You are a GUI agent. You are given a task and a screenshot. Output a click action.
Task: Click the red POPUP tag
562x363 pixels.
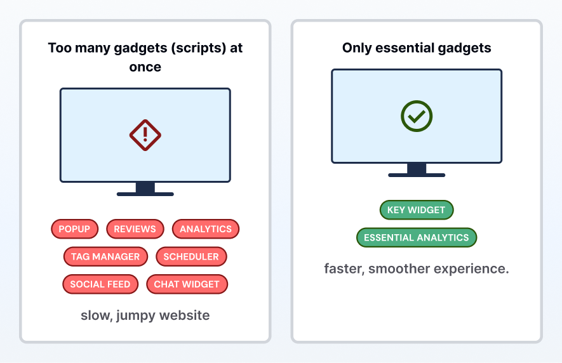[74, 229]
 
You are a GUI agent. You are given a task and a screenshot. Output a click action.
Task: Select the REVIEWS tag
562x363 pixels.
[135, 229]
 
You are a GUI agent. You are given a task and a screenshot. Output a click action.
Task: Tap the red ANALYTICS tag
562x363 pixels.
[206, 229]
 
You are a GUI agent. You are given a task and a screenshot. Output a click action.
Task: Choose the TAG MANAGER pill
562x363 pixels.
[105, 256]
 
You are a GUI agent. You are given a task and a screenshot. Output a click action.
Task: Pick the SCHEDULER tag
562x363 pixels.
[191, 256]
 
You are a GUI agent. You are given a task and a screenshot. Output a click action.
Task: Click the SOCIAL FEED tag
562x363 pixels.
[100, 284]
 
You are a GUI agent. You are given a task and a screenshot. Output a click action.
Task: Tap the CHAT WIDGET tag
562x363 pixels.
[187, 284]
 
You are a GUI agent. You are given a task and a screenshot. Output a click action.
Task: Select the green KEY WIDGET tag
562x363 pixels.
[417, 210]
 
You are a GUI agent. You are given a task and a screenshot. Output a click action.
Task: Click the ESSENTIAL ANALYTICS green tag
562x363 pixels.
[417, 237]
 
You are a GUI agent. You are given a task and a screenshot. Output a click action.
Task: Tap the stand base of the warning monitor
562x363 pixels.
[145, 194]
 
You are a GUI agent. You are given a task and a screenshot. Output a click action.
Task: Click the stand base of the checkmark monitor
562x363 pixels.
[417, 175]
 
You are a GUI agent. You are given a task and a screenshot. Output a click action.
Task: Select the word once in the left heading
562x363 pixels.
[145, 67]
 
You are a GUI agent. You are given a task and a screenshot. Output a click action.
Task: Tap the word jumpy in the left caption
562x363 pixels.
[136, 315]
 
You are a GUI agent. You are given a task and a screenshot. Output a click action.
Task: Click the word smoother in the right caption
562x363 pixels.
[399, 268]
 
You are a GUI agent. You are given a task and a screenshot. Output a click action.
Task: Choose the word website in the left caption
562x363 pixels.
[185, 315]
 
